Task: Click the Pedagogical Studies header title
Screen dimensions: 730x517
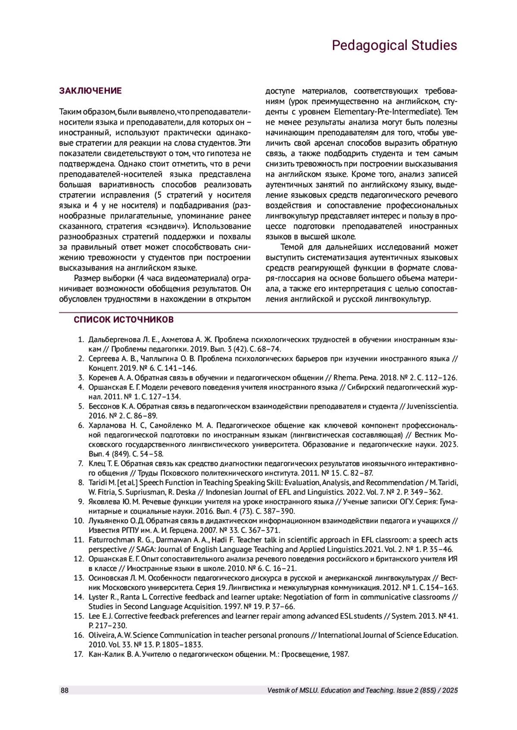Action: click(x=394, y=46)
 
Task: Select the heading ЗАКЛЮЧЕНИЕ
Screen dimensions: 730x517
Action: click(x=90, y=91)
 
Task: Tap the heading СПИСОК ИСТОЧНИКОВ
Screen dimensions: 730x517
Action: click(x=124, y=320)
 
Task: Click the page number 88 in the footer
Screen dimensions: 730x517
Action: click(x=64, y=690)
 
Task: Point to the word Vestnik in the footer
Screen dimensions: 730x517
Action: click(x=279, y=690)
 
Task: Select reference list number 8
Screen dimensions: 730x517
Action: click(x=80, y=483)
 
